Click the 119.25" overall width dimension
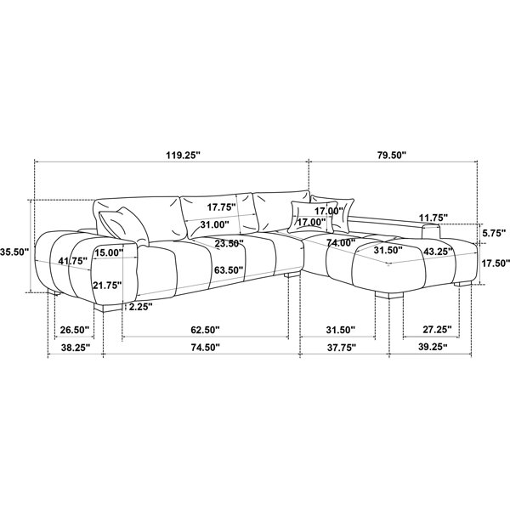point(182,155)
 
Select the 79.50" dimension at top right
point(392,155)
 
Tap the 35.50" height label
point(14,252)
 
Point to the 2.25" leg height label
point(140,306)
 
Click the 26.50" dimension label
point(75,330)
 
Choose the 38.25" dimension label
point(76,348)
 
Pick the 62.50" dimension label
point(205,330)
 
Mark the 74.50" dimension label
point(205,348)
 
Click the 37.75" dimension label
point(341,348)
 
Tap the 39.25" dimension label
point(433,347)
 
